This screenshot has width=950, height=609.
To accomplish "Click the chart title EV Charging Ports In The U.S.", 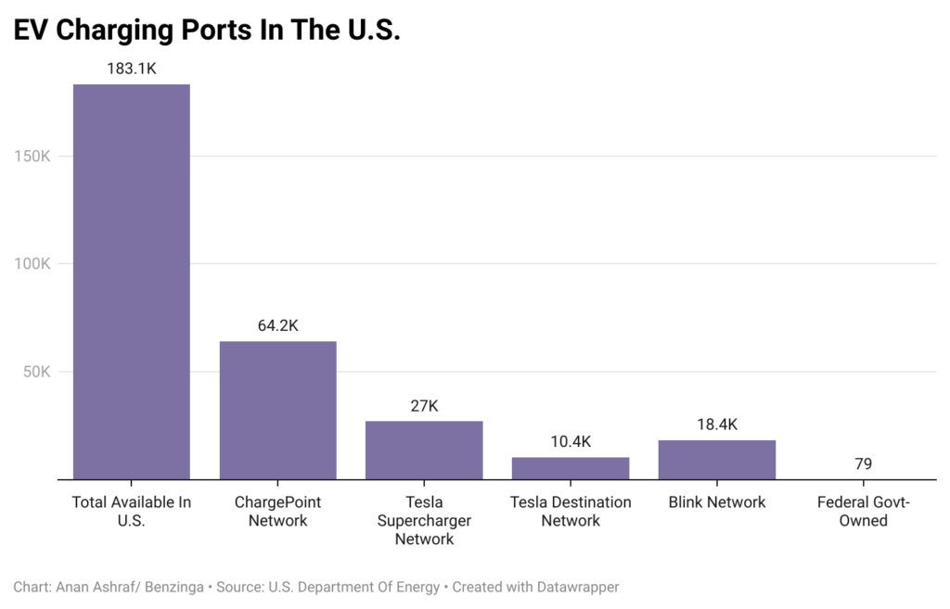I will [207, 30].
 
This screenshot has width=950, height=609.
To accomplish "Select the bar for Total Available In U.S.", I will [132, 282].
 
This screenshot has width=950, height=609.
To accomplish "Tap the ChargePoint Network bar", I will [277, 410].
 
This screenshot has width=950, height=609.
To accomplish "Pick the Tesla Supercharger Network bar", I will [424, 450].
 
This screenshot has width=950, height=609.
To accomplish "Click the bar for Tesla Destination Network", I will [570, 468].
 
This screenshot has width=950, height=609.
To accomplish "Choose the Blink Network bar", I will [716, 459].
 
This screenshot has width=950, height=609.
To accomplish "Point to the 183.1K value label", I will [132, 69].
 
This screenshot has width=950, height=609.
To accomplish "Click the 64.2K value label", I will [277, 325].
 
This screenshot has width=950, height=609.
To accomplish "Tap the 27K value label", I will [424, 405].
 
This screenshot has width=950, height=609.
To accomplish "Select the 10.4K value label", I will [570, 441].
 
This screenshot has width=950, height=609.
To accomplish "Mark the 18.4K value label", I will [716, 425].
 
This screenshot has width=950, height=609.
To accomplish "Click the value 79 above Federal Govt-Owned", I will [863, 463].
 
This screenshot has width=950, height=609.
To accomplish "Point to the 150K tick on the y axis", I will [32, 156].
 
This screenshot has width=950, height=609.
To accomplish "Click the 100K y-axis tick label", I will [32, 264].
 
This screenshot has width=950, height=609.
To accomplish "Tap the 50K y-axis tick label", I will [35, 372].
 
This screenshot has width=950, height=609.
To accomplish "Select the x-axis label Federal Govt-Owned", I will [863, 511].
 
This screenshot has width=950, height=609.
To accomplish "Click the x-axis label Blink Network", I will [716, 502].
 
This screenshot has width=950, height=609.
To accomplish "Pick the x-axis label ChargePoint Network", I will [277, 511].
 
